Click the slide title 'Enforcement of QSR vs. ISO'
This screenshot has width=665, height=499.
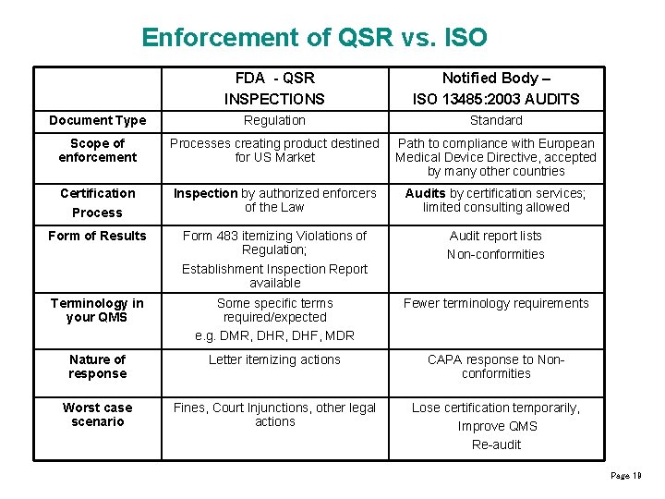tap(314, 38)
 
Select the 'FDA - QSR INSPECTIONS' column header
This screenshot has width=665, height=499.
tap(274, 89)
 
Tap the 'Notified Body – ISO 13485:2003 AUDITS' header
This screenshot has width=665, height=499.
tap(496, 89)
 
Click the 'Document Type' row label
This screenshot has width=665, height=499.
tap(97, 120)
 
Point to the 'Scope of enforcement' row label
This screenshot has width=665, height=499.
tap(97, 150)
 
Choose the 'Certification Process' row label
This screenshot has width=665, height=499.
tap(97, 202)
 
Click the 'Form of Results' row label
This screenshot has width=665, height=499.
tap(97, 236)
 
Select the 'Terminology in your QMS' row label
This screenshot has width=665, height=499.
tap(97, 310)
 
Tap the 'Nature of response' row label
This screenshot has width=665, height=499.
tap(97, 367)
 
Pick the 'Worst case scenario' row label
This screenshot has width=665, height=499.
tap(97, 415)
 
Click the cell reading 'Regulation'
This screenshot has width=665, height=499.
tap(274, 120)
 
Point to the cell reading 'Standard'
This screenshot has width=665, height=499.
tap(496, 120)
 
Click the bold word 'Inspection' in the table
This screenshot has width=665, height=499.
tap(205, 193)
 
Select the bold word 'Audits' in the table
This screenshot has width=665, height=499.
tap(425, 193)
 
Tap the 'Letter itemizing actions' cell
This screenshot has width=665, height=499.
tap(274, 359)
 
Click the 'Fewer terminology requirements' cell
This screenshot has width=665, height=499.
tap(496, 303)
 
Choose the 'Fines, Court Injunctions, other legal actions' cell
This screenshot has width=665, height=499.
tap(274, 415)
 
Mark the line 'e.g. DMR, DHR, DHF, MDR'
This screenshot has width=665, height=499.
tap(274, 335)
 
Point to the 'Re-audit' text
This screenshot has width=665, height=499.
tap(496, 444)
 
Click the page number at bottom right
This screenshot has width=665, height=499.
tap(625, 475)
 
